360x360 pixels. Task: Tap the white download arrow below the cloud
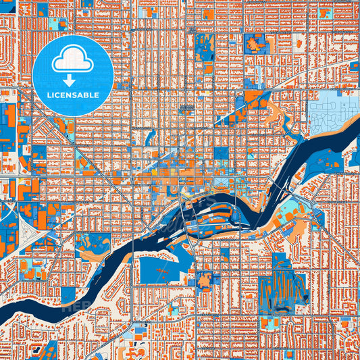[x=72, y=79]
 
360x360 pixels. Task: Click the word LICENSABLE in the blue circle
[x=72, y=95]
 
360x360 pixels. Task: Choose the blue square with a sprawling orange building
[x=255, y=44]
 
